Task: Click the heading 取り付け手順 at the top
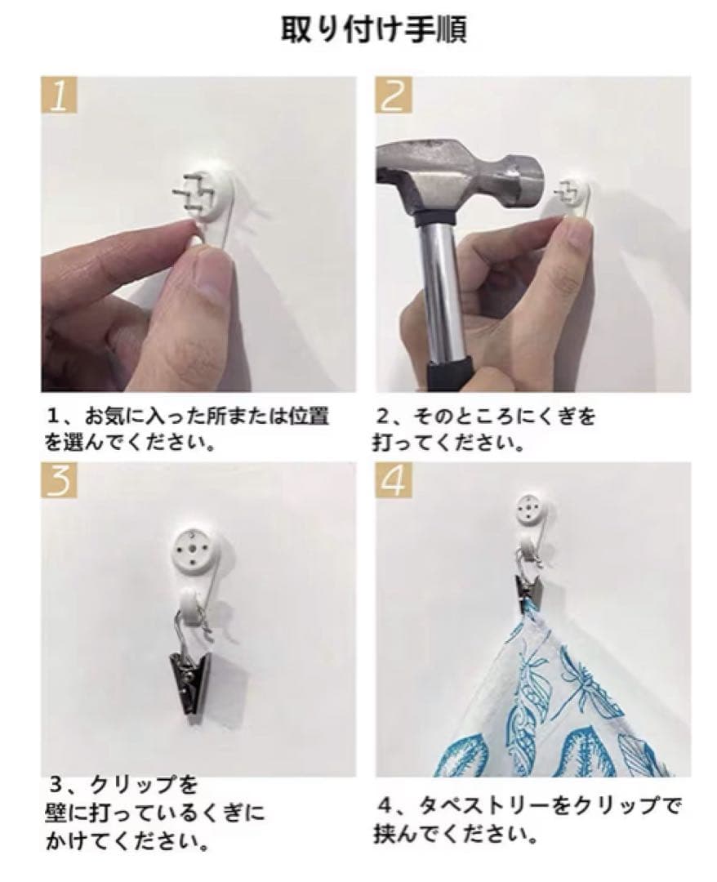coord(373,30)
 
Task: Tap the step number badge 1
coord(60,95)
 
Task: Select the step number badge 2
coord(394,95)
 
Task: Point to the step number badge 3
coord(60,481)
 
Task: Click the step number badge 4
coord(394,481)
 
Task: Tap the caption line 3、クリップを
coord(123,783)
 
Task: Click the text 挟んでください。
coord(456,835)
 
